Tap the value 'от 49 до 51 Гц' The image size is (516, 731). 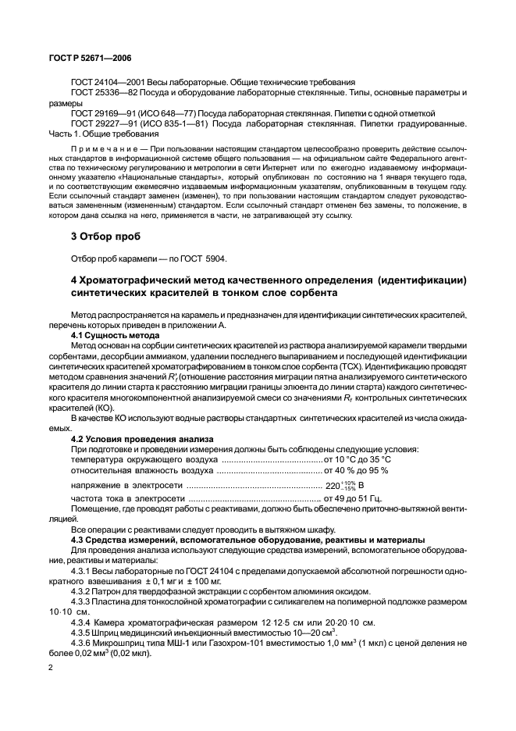click(x=358, y=497)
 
